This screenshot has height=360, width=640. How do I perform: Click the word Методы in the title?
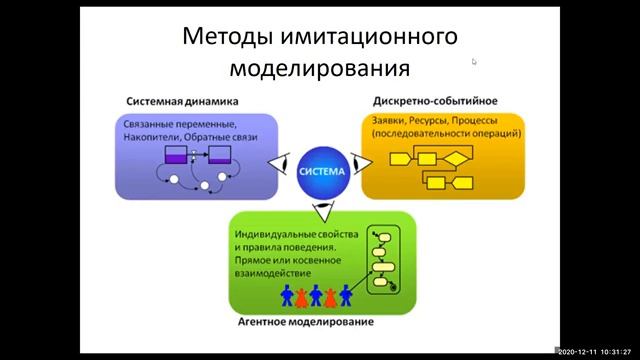[x=222, y=37]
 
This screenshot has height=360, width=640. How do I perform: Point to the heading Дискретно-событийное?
[x=435, y=101]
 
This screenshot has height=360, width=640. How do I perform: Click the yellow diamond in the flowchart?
[x=455, y=157]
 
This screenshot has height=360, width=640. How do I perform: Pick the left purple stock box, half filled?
[x=175, y=154]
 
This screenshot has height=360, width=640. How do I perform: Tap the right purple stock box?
[x=219, y=154]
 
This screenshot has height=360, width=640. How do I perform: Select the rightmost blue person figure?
[x=346, y=296]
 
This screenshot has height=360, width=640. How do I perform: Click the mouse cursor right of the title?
[x=474, y=61]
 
